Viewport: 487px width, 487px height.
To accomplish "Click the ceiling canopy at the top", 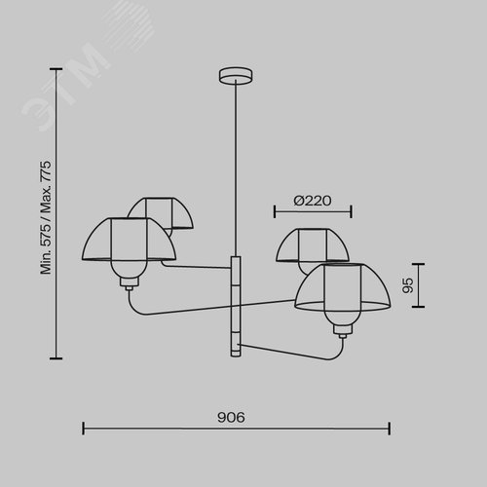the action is point(236,75).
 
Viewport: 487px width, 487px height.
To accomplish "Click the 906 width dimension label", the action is point(231,418).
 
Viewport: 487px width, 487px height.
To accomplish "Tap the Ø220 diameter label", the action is point(313,201).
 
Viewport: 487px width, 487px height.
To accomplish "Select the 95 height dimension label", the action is point(408,285).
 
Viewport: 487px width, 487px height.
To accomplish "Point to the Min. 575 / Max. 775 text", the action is point(46,217).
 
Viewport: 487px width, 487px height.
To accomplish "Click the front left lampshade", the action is point(129,239).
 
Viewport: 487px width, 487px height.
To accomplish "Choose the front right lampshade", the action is point(343,286).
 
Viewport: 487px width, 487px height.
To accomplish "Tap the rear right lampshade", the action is point(313,245).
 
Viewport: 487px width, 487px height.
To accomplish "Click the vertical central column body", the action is point(236,306).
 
